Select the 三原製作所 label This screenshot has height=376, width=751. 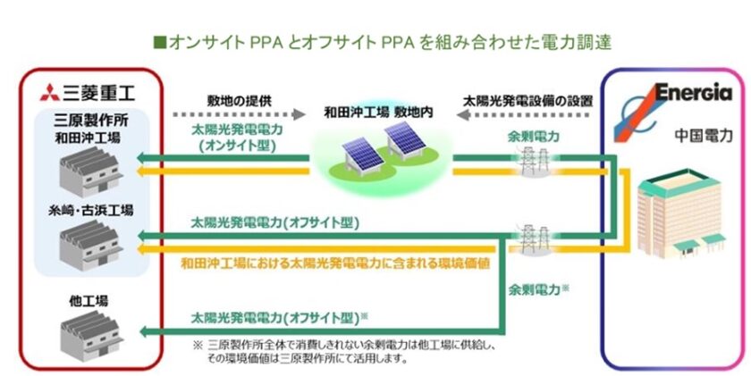84,121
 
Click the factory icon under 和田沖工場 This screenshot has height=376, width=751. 86,170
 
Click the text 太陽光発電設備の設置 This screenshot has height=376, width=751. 527,99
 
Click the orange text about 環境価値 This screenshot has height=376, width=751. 308,263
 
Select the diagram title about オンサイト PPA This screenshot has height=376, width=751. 376,42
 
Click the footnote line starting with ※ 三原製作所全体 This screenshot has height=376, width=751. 339,344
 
